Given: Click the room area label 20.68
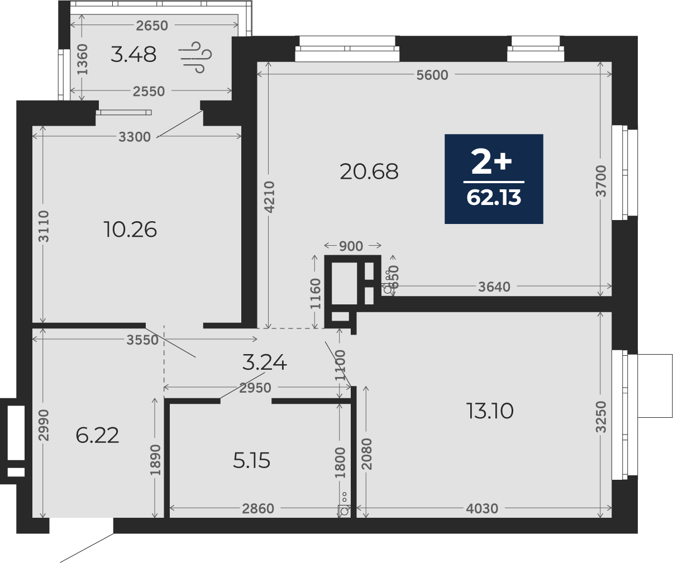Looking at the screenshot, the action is pos(369,171).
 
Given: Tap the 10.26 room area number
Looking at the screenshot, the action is pos(130,230).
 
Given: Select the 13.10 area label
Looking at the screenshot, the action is pos(490,411).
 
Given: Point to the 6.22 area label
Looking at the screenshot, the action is pos(97,435).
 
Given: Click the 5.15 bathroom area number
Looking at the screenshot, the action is pos(251,460).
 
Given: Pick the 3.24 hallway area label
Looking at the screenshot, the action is pos(264,362).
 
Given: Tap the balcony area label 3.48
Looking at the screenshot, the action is pos(133,54).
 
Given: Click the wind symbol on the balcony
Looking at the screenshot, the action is pos(195,57).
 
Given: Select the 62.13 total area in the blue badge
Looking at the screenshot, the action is pos(494,197).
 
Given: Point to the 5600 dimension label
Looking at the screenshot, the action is pos(432,75).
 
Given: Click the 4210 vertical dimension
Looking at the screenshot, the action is pos(269,197).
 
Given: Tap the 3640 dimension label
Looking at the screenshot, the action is pos(494,287).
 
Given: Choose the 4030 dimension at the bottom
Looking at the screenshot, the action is pos(482,508).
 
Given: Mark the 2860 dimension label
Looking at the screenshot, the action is pos(258,508).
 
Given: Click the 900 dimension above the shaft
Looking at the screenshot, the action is pos(351,246).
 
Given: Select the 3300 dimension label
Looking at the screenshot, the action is pos(135,137).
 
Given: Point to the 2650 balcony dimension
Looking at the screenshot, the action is pos(152,26).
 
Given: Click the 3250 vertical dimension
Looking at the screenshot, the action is pos(601,416).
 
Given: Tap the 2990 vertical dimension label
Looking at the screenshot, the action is pos(44,425).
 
